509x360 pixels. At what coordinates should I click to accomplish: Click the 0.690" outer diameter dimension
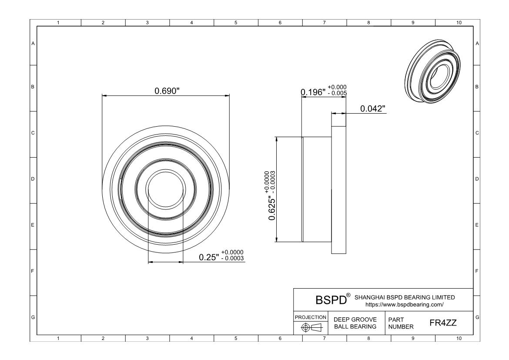point(167,91)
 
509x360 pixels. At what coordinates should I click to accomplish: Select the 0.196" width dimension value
point(313,92)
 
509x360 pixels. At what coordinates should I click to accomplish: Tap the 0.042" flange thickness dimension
point(373,108)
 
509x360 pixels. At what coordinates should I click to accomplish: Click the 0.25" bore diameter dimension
point(209,257)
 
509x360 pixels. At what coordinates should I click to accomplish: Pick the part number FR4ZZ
point(443,323)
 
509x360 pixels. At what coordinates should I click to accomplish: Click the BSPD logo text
point(331,300)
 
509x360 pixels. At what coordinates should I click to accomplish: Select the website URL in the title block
point(405,305)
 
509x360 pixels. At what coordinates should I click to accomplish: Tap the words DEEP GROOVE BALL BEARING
point(355,323)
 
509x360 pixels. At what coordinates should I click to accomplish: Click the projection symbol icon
point(311,327)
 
